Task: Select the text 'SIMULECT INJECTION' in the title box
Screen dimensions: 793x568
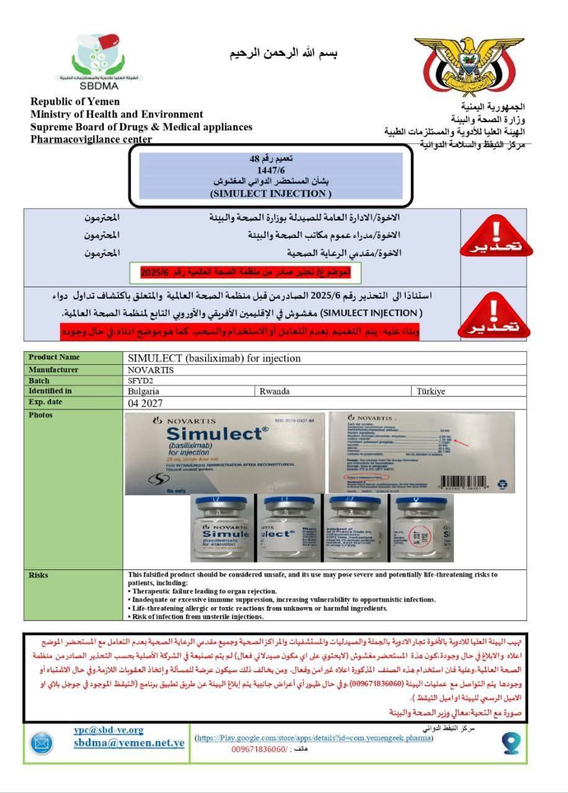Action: tap(268, 193)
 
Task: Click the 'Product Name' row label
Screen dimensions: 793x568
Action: tap(54, 357)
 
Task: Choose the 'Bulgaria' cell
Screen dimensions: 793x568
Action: tap(143, 392)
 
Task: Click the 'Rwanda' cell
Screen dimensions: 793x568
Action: tap(274, 392)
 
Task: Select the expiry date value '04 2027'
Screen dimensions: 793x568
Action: tap(145, 403)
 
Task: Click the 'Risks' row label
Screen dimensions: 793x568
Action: tap(38, 575)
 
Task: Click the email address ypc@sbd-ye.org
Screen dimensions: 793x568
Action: tap(109, 730)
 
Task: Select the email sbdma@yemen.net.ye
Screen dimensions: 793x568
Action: tap(129, 743)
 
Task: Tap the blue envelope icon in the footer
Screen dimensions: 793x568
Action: tap(42, 743)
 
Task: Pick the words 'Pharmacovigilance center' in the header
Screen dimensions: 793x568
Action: tap(91, 139)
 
